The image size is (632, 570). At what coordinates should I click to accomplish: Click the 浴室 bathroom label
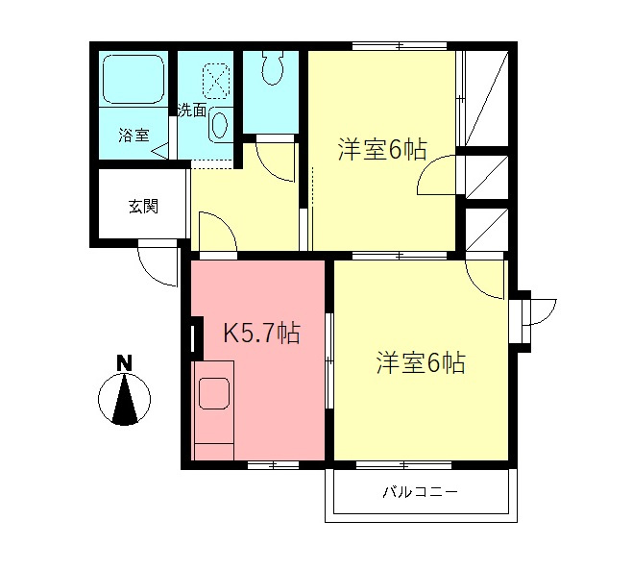pyautogui.click(x=134, y=135)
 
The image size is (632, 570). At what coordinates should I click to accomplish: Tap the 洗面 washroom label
pyautogui.click(x=192, y=110)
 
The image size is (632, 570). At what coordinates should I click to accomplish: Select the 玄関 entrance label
pyautogui.click(x=143, y=206)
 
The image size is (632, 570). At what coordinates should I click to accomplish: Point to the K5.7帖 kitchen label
pyautogui.click(x=262, y=334)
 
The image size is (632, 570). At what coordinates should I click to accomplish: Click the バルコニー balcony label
pyautogui.click(x=421, y=492)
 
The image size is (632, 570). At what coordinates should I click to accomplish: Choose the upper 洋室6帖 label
pyautogui.click(x=381, y=151)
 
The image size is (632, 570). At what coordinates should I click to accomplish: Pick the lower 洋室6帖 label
pyautogui.click(x=421, y=363)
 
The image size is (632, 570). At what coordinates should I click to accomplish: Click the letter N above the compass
pyautogui.click(x=123, y=363)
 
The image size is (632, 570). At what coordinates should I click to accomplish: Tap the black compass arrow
pyautogui.click(x=124, y=399)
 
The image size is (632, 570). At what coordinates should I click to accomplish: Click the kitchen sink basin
pyautogui.click(x=212, y=395)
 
